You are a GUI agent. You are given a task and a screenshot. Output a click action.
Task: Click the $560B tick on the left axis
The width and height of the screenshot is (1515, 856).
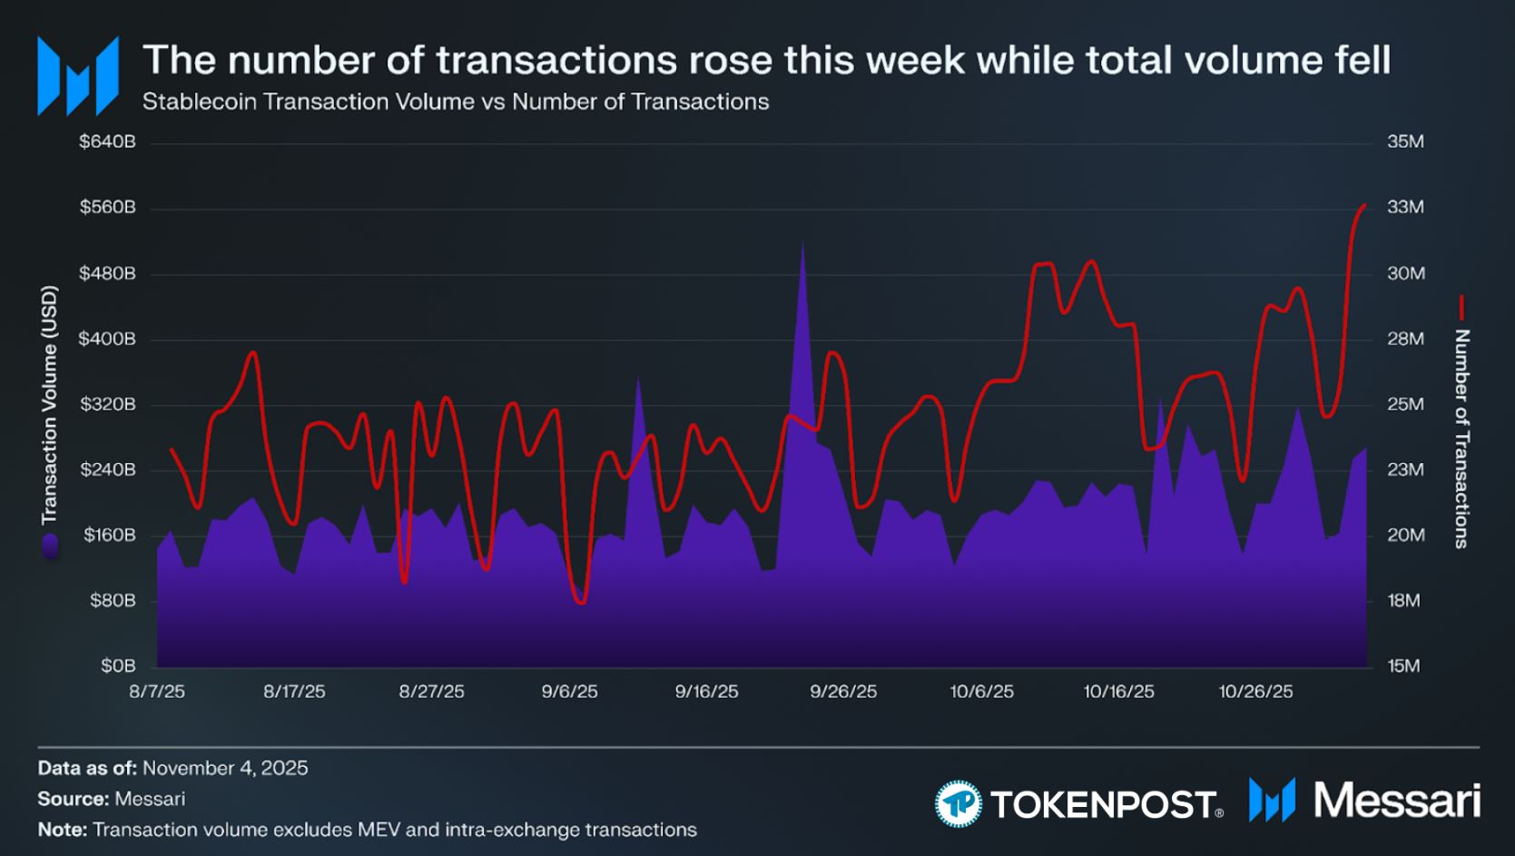click(107, 208)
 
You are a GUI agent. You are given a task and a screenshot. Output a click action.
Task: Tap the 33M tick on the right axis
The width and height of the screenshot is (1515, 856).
click(1405, 208)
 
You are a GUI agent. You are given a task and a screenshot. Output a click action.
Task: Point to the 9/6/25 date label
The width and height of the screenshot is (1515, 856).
click(569, 692)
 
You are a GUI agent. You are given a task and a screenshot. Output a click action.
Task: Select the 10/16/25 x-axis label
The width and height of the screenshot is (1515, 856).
click(1118, 692)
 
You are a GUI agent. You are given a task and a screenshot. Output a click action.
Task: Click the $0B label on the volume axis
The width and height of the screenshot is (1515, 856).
click(118, 666)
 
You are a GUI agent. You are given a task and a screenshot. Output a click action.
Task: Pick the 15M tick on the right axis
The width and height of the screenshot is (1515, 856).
click(1403, 666)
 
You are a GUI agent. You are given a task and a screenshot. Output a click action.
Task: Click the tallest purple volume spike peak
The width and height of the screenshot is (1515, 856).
click(802, 241)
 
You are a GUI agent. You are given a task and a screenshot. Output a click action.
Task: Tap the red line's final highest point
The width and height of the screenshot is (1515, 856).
click(1364, 205)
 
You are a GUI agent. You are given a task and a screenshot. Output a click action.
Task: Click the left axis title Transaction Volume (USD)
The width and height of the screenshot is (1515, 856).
click(49, 405)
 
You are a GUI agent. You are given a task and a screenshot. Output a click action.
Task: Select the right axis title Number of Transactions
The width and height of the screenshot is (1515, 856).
click(1461, 438)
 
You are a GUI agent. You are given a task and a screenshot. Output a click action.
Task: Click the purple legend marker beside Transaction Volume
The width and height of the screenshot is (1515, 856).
click(49, 546)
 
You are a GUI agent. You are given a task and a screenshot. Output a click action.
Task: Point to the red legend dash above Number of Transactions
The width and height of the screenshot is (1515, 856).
click(1461, 307)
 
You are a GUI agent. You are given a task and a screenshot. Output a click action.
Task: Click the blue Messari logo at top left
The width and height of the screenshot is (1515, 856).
click(78, 76)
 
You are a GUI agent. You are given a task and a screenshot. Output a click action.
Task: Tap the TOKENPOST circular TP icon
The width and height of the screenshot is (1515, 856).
click(958, 803)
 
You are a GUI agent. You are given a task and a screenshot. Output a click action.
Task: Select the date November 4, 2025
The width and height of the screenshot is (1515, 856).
click(225, 769)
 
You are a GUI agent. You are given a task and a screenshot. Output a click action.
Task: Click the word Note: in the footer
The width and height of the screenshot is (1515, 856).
click(62, 830)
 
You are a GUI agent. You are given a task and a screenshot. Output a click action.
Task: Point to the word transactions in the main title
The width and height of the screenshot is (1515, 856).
click(556, 60)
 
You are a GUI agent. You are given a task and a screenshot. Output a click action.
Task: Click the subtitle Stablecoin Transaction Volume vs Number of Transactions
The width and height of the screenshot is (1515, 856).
click(456, 102)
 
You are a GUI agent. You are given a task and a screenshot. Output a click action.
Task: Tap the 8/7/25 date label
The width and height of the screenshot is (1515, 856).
click(157, 692)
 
